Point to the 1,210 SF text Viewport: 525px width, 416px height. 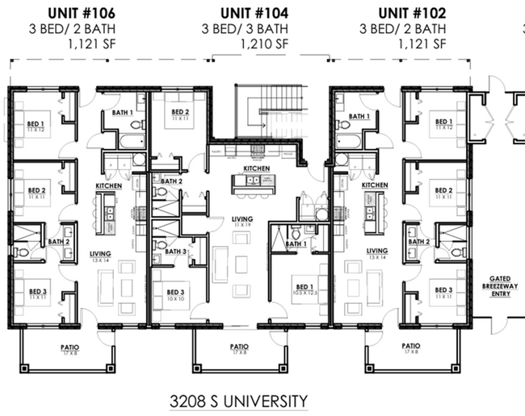tap(262, 44)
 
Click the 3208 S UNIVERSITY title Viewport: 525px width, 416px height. tap(239, 400)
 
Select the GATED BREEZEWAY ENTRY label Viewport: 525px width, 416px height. tap(495, 284)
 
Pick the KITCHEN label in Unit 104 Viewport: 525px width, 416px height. tap(257, 168)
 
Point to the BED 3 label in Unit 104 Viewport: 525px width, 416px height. tap(177, 291)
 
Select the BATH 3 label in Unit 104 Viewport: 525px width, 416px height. tap(175, 251)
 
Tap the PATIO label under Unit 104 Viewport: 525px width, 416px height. tap(240, 347)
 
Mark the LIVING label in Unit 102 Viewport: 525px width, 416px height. tap(376, 251)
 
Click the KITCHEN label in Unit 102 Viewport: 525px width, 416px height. tap(375, 185)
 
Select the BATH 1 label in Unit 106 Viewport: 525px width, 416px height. tap(123, 112)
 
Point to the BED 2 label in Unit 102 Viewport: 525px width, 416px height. tap(443, 191)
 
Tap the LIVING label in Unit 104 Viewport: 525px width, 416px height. tap(241, 218)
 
